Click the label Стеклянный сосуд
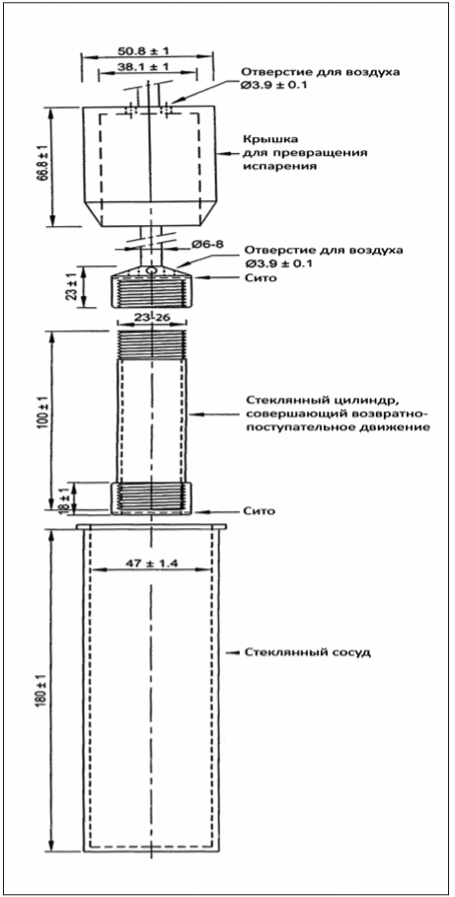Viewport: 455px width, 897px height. pos(300,653)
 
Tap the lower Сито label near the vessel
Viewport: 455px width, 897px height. pos(256,510)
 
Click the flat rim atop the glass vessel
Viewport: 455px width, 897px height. pos(152,527)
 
